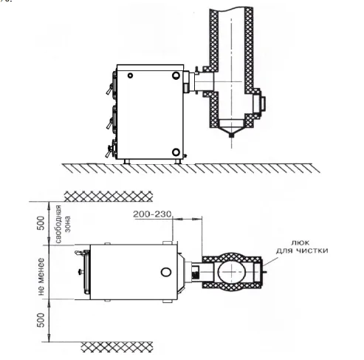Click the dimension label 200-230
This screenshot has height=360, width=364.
pyautogui.click(x=152, y=214)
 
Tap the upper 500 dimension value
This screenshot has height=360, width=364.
pyautogui.click(x=41, y=223)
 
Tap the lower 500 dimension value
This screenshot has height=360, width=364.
pyautogui.click(x=41, y=320)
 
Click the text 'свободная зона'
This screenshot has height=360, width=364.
pyautogui.click(x=63, y=224)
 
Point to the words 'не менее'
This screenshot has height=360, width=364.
pyautogui.click(x=41, y=276)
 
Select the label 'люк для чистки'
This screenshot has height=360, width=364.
pyautogui.click(x=302, y=247)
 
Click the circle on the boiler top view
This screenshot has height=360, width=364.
pyautogui.click(x=166, y=272)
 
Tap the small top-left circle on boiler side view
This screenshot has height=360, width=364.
pyautogui.click(x=130, y=75)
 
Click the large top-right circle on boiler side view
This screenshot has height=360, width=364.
pyautogui.click(x=176, y=75)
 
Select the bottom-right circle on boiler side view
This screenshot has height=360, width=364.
pyautogui.click(x=176, y=152)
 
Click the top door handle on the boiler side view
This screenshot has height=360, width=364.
pyautogui.click(x=109, y=89)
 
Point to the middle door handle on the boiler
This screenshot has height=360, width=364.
pyautogui.click(x=109, y=123)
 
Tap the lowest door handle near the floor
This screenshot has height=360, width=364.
pyautogui.click(x=109, y=151)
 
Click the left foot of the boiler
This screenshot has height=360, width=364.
pyautogui.click(x=127, y=161)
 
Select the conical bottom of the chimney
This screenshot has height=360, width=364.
pyautogui.click(x=231, y=127)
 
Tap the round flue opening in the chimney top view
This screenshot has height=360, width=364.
pyautogui.click(x=232, y=272)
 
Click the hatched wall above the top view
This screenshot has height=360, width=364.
pyautogui.click(x=109, y=197)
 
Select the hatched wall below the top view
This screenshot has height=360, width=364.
pyautogui.click(x=117, y=347)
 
